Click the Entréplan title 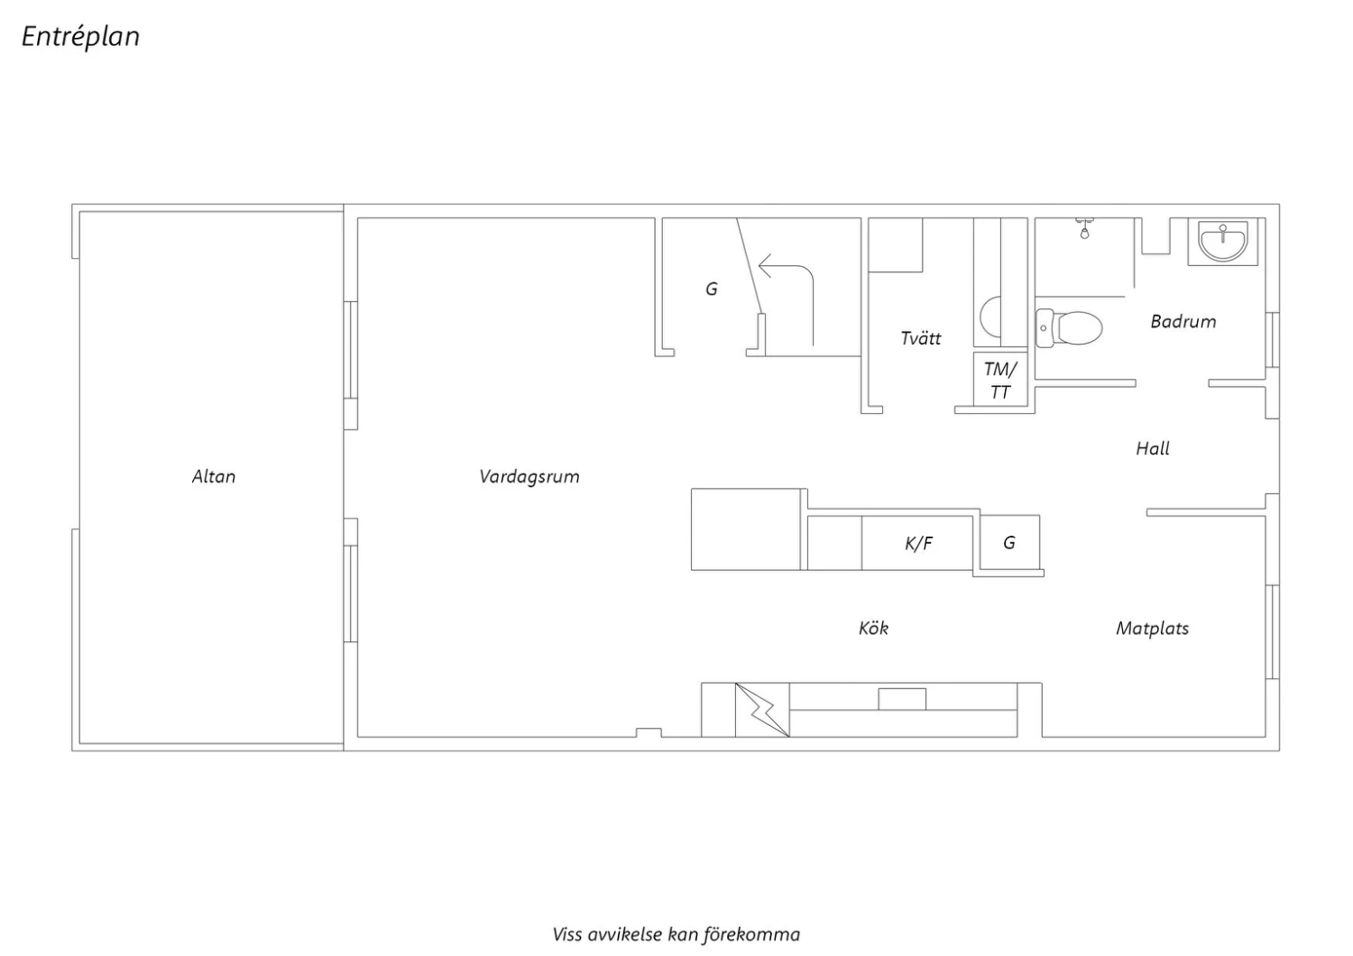click(x=80, y=37)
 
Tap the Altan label click(x=214, y=477)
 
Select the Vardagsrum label click(x=529, y=477)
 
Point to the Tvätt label click(x=921, y=338)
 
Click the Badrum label click(x=1183, y=321)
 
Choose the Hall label click(x=1153, y=449)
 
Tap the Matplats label click(x=1152, y=629)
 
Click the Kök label click(x=873, y=629)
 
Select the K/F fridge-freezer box click(x=917, y=543)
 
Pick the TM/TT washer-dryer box click(x=1000, y=379)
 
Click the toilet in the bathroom click(x=1069, y=328)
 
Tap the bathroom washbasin click(x=1223, y=241)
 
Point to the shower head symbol click(x=1085, y=229)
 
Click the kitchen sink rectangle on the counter click(x=902, y=699)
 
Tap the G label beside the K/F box click(x=1009, y=543)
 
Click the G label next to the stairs click(x=712, y=290)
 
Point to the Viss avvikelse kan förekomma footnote click(x=676, y=935)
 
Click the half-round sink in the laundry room click(x=990, y=317)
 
